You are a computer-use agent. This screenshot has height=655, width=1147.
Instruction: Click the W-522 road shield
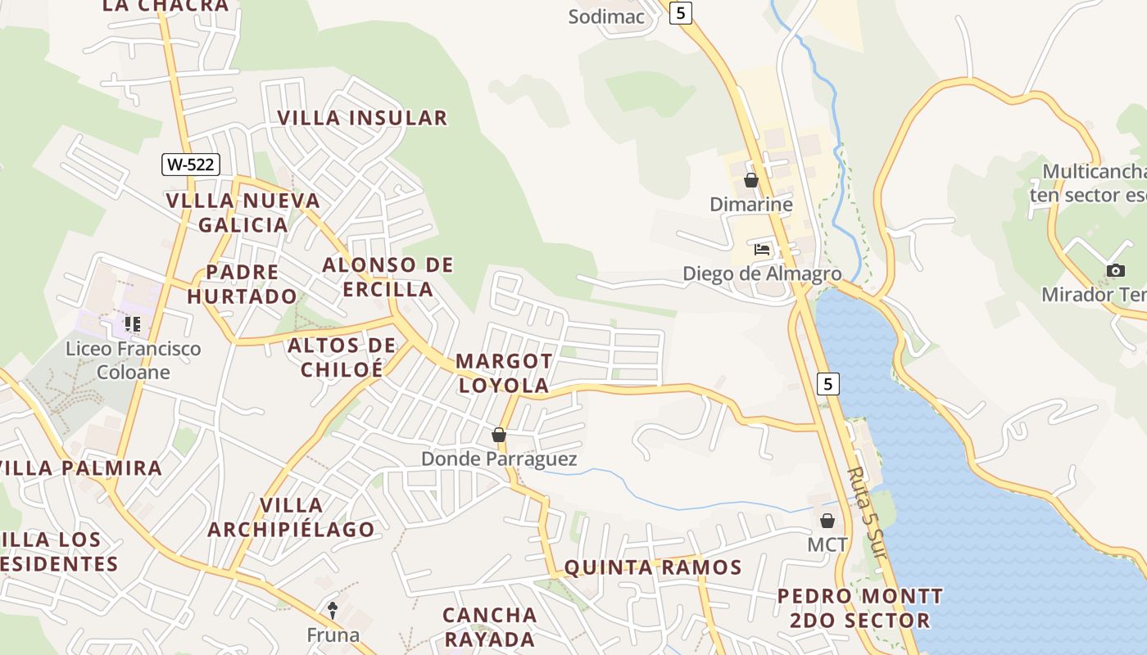pyautogui.click(x=190, y=164)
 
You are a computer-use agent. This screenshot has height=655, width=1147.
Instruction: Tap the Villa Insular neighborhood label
pyautogui.click(x=362, y=118)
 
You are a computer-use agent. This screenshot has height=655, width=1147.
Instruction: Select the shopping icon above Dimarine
pyautogui.click(x=750, y=180)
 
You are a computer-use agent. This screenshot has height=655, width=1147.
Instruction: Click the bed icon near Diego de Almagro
pyautogui.click(x=762, y=250)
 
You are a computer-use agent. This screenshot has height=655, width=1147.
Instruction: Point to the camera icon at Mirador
pyautogui.click(x=1115, y=270)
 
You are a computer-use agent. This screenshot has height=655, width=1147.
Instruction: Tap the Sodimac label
pyautogui.click(x=607, y=16)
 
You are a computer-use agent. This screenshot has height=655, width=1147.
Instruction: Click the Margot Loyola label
pyautogui.click(x=504, y=373)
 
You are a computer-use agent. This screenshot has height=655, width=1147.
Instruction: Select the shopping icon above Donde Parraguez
pyautogui.click(x=498, y=435)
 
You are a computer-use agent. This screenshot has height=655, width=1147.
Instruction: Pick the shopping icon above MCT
pyautogui.click(x=827, y=520)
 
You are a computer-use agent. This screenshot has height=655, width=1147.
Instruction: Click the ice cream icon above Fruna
pyautogui.click(x=333, y=609)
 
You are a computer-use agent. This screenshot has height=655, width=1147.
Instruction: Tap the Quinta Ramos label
pyautogui.click(x=653, y=567)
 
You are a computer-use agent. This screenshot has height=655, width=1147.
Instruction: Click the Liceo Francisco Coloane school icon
pyautogui.click(x=132, y=324)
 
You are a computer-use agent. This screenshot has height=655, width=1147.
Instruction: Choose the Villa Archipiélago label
pyautogui.click(x=291, y=517)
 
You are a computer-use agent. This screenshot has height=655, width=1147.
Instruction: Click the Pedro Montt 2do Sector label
pyautogui.click(x=860, y=608)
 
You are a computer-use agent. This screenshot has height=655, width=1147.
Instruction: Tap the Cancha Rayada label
pyautogui.click(x=490, y=626)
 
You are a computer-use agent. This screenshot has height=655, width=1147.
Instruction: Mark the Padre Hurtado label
pyautogui.click(x=242, y=284)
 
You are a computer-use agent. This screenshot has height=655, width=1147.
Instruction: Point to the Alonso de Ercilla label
pyautogui.click(x=388, y=277)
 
